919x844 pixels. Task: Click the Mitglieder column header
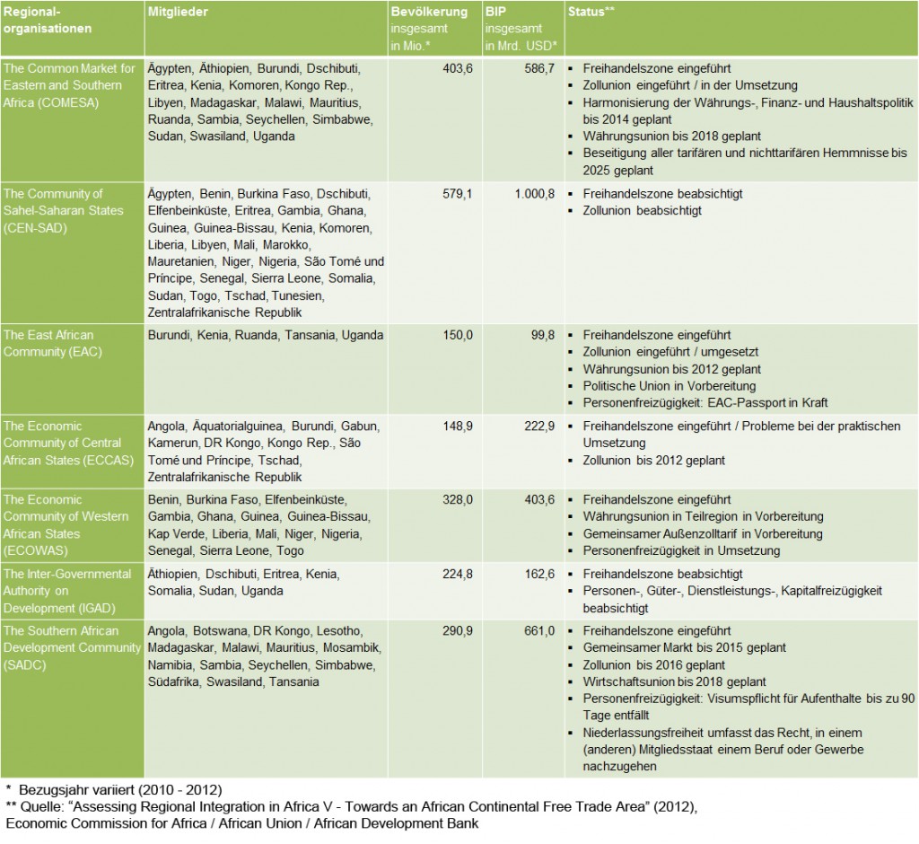pyautogui.click(x=179, y=12)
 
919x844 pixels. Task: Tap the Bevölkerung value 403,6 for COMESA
pyautogui.click(x=451, y=67)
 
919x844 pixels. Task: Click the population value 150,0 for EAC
pyautogui.click(x=451, y=335)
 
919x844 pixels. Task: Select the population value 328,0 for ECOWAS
pyautogui.click(x=451, y=499)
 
